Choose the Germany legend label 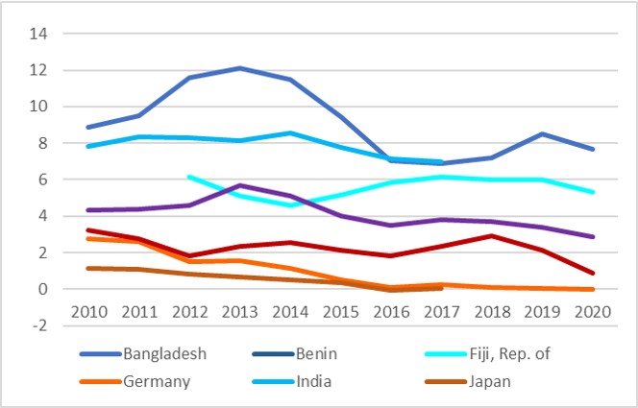157,380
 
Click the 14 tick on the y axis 38,34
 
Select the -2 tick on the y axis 38,325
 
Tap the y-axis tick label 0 43,289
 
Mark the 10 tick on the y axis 38,107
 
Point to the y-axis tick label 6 43,180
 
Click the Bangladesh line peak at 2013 240,68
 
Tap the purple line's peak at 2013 240,185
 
